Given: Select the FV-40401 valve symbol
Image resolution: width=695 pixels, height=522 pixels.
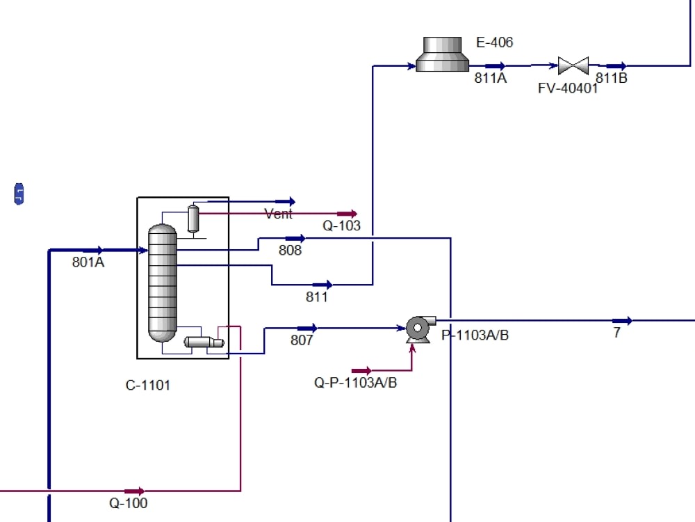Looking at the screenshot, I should (x=573, y=66).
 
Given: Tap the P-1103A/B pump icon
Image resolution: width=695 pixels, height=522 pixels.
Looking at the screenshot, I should (x=418, y=329).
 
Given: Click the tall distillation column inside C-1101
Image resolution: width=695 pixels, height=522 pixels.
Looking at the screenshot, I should (x=163, y=283).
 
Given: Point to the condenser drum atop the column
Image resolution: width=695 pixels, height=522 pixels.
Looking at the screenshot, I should (x=193, y=219).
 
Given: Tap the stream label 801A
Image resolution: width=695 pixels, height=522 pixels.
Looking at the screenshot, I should (x=88, y=263).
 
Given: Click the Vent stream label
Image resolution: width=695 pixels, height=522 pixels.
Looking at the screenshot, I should (x=279, y=214).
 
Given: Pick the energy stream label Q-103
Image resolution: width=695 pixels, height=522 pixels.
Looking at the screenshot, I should (x=341, y=226).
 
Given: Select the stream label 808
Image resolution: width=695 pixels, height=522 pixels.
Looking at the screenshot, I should (x=290, y=251).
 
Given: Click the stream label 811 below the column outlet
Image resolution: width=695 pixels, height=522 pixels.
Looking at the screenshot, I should (x=317, y=297).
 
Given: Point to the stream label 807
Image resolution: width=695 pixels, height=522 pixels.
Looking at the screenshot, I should (x=302, y=340).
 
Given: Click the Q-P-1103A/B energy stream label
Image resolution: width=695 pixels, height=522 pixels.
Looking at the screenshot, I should (x=356, y=382).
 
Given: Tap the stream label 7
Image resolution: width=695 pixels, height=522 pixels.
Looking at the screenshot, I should (x=616, y=333).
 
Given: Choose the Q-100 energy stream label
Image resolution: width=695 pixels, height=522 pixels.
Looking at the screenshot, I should (x=129, y=503).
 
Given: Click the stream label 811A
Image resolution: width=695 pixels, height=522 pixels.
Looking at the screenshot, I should (x=491, y=79).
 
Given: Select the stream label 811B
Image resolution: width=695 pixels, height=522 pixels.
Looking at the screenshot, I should (x=612, y=78).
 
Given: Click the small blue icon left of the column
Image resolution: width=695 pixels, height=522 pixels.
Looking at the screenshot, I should (x=19, y=194).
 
